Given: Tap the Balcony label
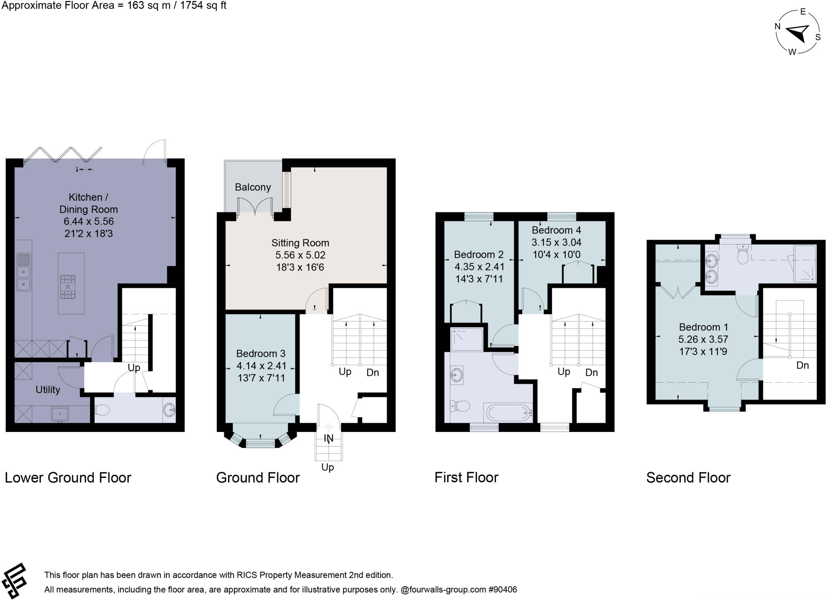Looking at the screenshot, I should (x=253, y=187).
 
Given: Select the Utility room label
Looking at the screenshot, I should (x=48, y=389).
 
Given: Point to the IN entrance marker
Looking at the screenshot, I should (x=328, y=438).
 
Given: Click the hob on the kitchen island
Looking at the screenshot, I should (x=68, y=287).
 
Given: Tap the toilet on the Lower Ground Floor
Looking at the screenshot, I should (x=103, y=411).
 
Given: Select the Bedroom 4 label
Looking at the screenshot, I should (x=556, y=230).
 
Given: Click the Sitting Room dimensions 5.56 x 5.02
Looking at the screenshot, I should (x=300, y=255).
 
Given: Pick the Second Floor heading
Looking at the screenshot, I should (x=688, y=478).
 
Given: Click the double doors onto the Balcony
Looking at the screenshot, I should (x=255, y=206).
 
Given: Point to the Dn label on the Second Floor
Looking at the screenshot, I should (x=802, y=365).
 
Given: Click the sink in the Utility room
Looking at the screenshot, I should (x=60, y=414).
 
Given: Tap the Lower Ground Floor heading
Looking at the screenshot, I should (x=68, y=478).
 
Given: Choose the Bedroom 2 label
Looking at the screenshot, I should (x=478, y=254).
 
